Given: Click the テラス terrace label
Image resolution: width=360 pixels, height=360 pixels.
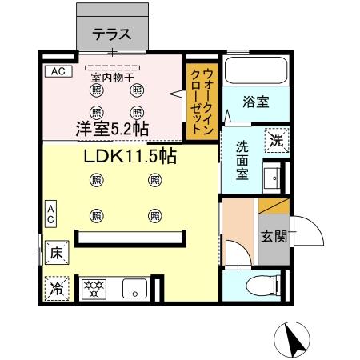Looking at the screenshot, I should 111,34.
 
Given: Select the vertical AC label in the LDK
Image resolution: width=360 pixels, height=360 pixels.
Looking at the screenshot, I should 50,214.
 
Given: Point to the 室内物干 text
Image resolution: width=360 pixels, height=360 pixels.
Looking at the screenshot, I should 112,78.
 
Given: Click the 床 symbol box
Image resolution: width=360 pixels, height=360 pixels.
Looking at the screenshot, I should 56,251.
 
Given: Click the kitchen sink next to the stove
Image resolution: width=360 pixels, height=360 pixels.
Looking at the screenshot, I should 132,287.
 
